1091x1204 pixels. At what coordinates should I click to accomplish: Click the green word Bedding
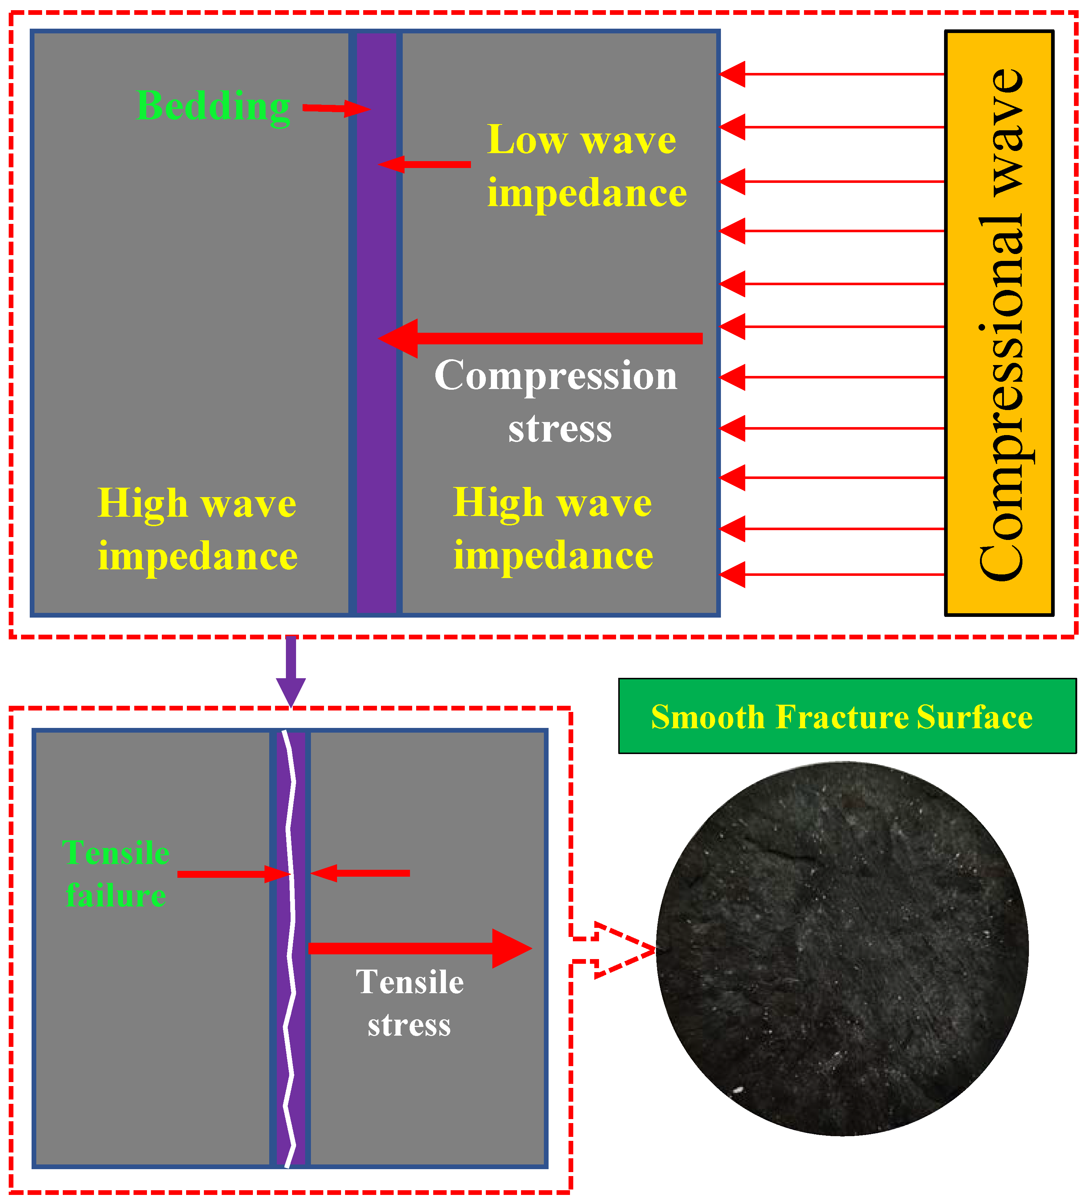pos(213,106)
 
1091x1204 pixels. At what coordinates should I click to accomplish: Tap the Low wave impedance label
pos(586,166)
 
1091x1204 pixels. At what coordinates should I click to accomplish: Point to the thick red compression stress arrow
pos(541,339)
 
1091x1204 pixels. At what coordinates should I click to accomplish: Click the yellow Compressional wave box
pos(998,323)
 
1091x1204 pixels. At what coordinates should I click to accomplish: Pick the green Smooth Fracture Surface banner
pos(847,716)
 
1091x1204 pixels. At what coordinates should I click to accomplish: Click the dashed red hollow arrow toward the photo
pos(615,950)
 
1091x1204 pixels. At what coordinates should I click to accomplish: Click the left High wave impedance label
pos(197,529)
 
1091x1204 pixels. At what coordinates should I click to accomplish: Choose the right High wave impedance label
pos(553,529)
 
